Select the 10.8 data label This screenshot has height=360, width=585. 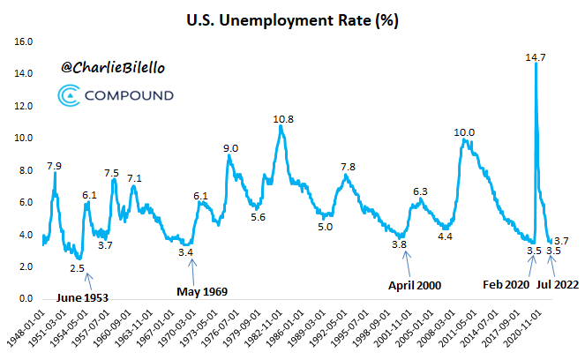pos(282,118)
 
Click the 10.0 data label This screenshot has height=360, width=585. pos(464,132)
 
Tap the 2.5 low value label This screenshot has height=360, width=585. pos(78,267)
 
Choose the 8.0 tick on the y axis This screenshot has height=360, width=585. pos(25,170)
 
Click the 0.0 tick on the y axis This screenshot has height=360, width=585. pos(25,299)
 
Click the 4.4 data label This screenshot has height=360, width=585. pos(445,236)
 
